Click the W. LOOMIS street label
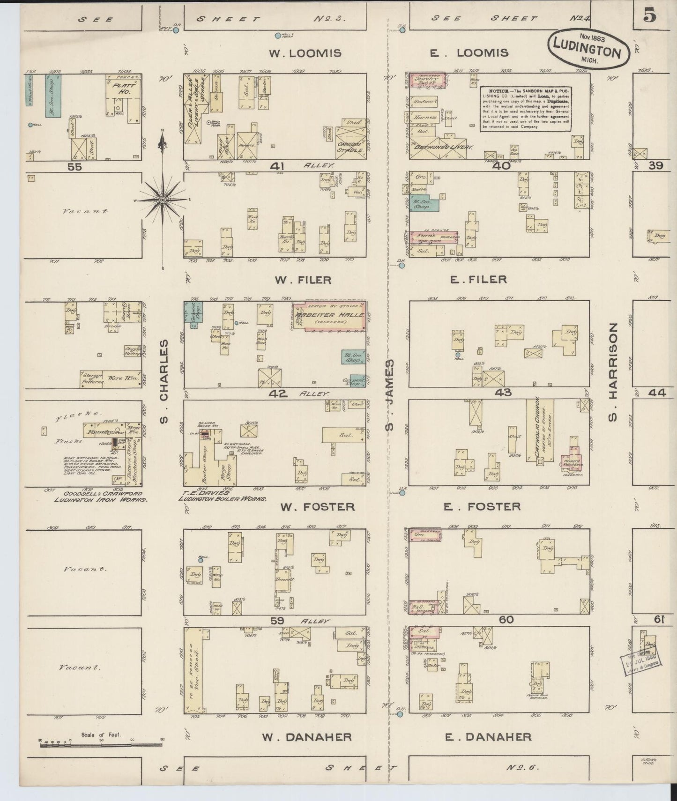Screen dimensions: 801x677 pyautogui.click(x=308, y=53)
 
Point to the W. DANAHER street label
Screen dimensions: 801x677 pyautogui.click(x=307, y=737)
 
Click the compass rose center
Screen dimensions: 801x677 pyautogui.click(x=162, y=200)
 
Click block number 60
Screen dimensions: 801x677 pyautogui.click(x=506, y=620)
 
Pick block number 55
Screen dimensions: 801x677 pyautogui.click(x=75, y=166)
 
